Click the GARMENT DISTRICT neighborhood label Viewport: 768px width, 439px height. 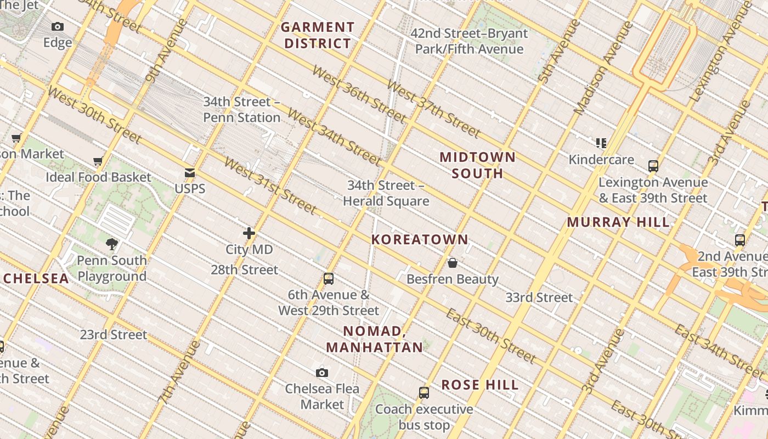point(318,35)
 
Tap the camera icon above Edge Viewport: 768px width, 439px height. point(58,26)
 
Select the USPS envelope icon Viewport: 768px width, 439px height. point(190,173)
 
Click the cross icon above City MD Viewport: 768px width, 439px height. point(249,233)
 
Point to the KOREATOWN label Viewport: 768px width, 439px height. point(420,239)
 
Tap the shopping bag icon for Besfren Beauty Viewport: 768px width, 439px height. point(453,263)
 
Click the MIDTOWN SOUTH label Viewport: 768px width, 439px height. point(478,165)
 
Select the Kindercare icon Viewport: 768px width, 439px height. point(601,143)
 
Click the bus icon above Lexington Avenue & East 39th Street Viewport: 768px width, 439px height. point(653,166)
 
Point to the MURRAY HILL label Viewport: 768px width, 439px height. point(618,222)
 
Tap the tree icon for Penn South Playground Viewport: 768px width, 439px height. point(112,244)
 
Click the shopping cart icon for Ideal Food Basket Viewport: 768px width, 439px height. point(98,161)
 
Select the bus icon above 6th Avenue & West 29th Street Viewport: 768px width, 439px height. point(329,279)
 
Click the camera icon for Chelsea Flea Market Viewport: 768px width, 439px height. point(322,373)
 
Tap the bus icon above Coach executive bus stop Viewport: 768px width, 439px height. point(424,393)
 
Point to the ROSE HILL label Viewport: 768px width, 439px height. point(480,385)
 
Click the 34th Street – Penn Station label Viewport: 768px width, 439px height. point(242,110)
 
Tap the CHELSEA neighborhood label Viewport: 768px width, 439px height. point(36,278)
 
